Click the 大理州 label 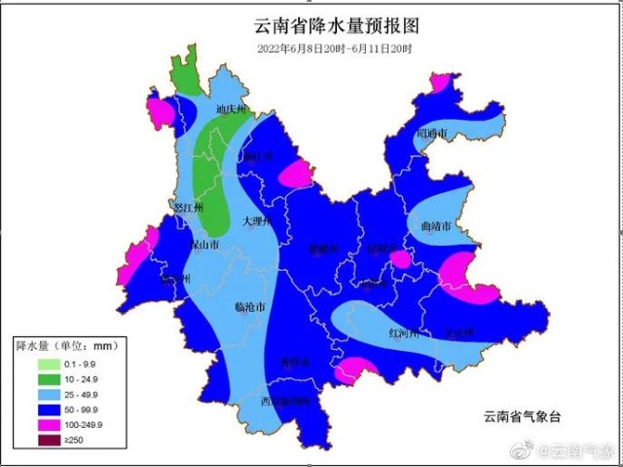[256, 221]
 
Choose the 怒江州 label [185, 207]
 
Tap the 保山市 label [204, 244]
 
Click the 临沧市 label [249, 306]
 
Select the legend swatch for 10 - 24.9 [27, 378]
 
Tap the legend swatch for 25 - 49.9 [27, 394]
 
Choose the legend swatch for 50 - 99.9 [27, 409]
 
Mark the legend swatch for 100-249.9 [27, 425]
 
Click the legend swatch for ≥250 [27, 441]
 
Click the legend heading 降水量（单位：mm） [59, 345]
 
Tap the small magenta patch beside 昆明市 [400, 259]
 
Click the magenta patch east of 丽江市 [296, 175]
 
